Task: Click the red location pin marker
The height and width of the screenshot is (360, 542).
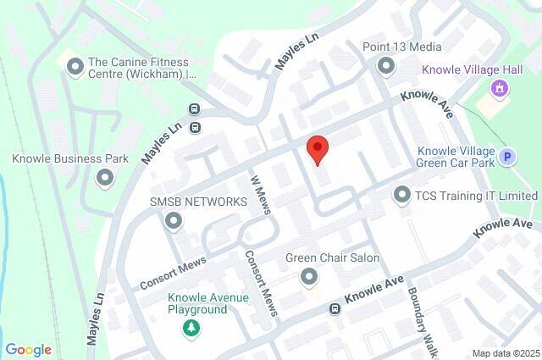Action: coord(318,149)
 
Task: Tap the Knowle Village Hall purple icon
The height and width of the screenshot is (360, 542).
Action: coord(500,86)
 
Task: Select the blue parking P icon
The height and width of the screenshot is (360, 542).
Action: coord(507,156)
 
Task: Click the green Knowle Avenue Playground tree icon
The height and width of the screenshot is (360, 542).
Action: coord(192,327)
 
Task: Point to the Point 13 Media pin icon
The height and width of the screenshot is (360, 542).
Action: coord(387,65)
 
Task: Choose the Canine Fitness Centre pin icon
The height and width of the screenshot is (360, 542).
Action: coord(74,64)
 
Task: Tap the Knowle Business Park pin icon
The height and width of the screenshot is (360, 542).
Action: coord(105,177)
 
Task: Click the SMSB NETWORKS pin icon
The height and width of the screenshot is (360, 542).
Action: coord(174,221)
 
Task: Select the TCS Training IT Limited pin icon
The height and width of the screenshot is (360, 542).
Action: coord(401,196)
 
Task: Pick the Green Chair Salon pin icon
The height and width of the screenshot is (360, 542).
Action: coord(309,276)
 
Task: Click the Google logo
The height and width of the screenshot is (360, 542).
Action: coord(29,349)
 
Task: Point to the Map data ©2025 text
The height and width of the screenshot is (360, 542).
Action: coord(506,353)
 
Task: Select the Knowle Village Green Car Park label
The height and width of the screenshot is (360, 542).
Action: coord(456,158)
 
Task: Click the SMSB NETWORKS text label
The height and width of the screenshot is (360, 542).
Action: coord(198,202)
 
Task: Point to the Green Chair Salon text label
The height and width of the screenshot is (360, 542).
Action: coord(332,258)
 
